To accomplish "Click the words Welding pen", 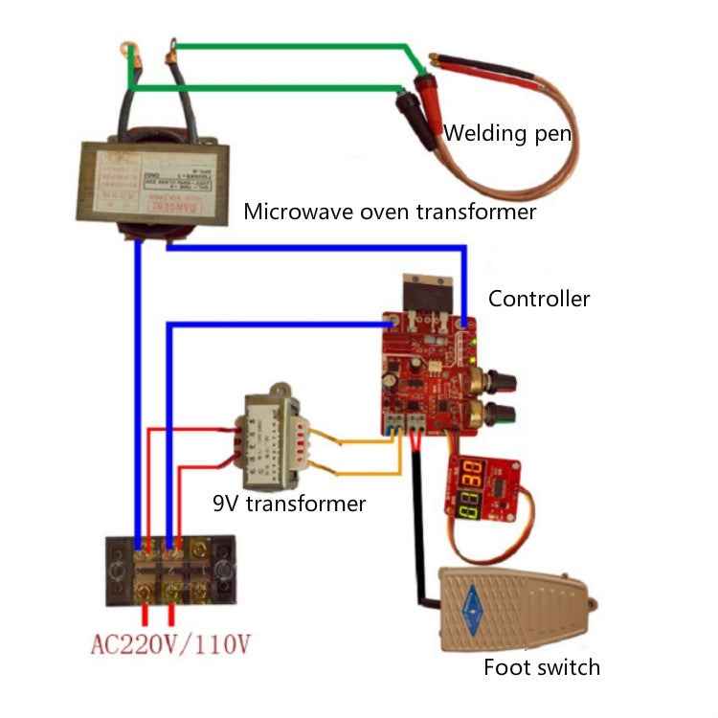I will [x=507, y=133].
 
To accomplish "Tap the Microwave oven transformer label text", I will [x=390, y=211].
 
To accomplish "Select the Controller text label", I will [x=539, y=298].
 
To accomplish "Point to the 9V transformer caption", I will [x=289, y=503].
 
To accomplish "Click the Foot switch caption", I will [x=541, y=667].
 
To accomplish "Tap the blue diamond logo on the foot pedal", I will [x=469, y=605].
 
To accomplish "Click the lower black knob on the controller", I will [x=500, y=414].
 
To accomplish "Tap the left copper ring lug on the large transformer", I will [x=135, y=56].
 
